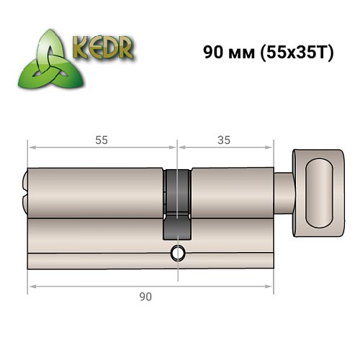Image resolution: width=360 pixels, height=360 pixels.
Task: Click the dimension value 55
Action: tap(101, 140)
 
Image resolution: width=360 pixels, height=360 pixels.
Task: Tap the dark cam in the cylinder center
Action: tap(176, 205)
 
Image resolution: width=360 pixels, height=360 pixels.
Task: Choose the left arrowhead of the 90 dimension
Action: tap(31, 287)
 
